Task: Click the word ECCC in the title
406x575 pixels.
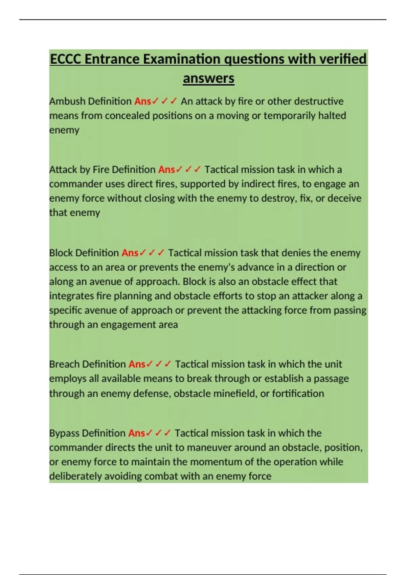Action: tap(66, 59)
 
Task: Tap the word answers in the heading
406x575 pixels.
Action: tap(208, 78)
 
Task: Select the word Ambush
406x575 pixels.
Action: tap(64, 101)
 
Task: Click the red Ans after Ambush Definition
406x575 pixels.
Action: tap(142, 101)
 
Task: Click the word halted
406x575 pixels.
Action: tap(332, 116)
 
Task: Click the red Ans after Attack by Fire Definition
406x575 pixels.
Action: tap(166, 169)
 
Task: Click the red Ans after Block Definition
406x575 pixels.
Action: tap(130, 253)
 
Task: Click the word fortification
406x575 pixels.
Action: tap(298, 393)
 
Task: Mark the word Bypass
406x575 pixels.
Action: tap(64, 433)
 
